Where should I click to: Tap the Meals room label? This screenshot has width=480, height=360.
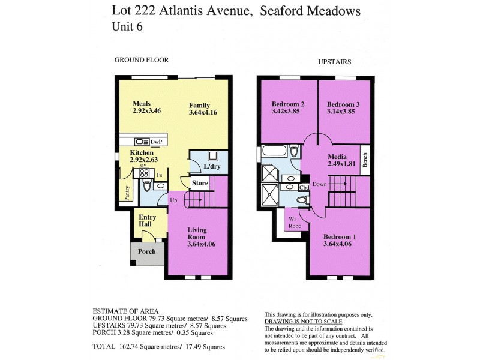click(142, 103)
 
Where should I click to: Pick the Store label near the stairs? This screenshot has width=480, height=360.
click(200, 183)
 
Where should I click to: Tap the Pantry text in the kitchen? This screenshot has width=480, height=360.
click(127, 192)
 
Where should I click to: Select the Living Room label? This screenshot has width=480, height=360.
click(197, 233)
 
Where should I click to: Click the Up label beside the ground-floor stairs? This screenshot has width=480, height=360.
click(174, 200)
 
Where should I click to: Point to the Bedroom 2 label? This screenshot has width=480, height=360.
click(288, 104)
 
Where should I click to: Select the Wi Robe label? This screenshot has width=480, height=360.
click(293, 222)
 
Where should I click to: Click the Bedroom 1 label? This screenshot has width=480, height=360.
click(340, 236)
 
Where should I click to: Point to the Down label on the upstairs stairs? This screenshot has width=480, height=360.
click(319, 184)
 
